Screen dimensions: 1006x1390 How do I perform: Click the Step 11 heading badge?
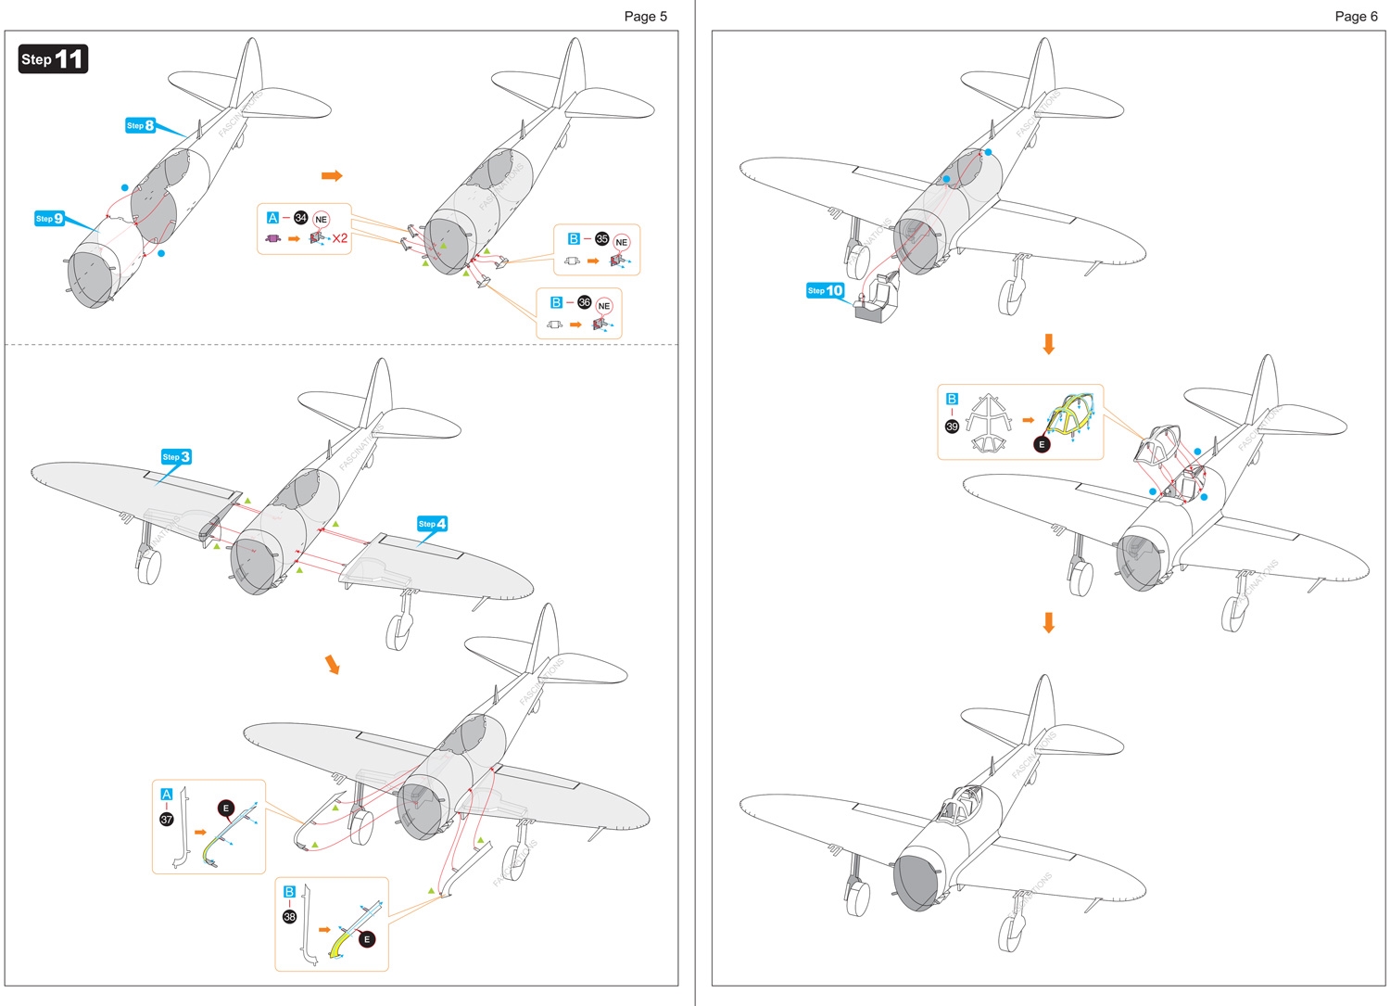click(x=53, y=59)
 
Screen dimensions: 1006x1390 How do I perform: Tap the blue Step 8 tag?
click(x=140, y=125)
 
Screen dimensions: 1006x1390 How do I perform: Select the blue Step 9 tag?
click(x=49, y=219)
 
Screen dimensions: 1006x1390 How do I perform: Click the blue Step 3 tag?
click(x=176, y=456)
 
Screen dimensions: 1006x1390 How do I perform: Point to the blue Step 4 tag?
click(x=432, y=524)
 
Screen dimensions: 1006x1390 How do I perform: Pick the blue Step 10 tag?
click(x=825, y=290)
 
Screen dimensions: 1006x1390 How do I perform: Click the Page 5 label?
click(x=645, y=16)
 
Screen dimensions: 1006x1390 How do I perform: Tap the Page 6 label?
click(x=1356, y=16)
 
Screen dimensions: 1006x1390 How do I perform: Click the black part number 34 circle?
click(x=300, y=218)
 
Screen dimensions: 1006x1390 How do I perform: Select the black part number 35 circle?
click(x=601, y=239)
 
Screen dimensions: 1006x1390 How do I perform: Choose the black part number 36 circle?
click(x=584, y=302)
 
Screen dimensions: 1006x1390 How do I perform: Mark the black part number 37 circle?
click(x=167, y=819)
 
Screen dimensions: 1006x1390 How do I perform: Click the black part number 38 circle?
click(x=289, y=916)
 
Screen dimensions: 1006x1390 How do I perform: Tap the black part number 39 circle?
click(x=952, y=427)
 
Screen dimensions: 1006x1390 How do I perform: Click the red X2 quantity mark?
click(x=340, y=238)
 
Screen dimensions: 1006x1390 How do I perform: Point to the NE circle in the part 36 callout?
click(x=604, y=306)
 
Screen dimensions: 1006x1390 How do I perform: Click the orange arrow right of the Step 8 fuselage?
click(x=332, y=175)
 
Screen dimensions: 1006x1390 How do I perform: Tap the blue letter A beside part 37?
click(x=167, y=795)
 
